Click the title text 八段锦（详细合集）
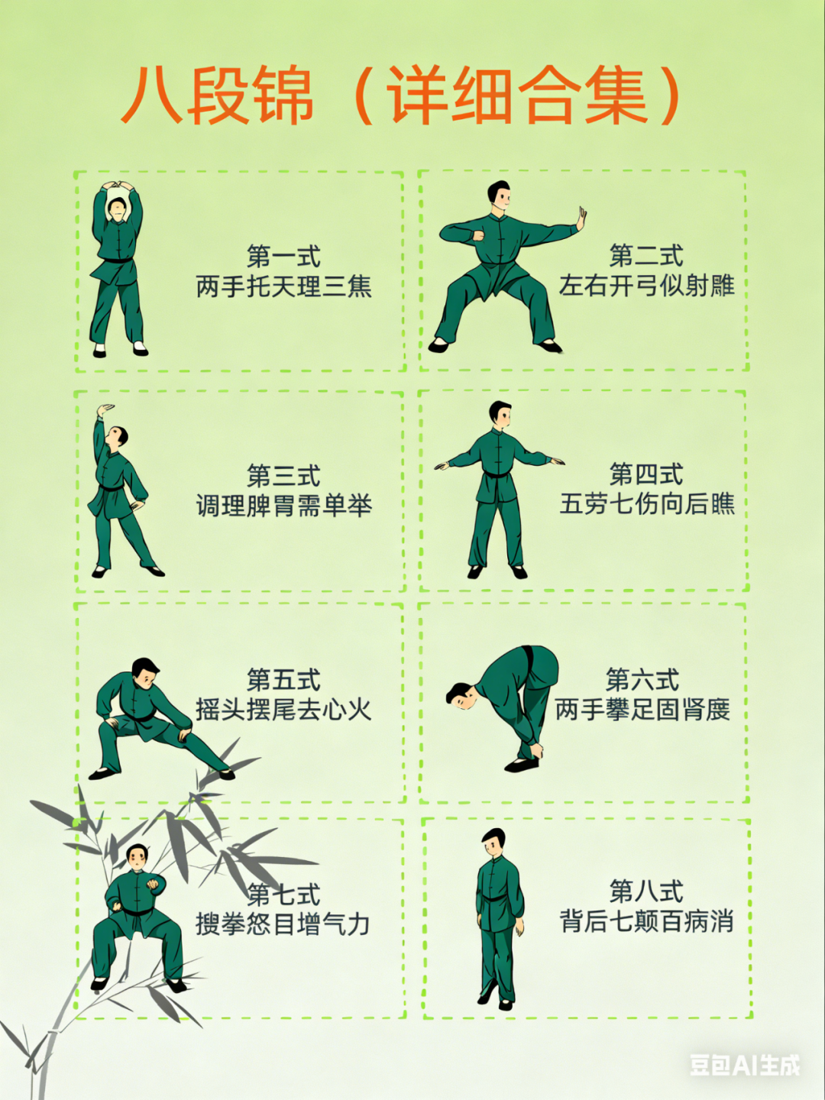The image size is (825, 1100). coord(401,97)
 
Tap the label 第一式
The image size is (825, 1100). coord(283,256)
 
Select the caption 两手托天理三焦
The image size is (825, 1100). coord(283,287)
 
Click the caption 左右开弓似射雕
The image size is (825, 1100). coord(647,286)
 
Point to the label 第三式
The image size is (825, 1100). coord(283,476)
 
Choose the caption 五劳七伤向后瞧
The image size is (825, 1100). coord(647,503)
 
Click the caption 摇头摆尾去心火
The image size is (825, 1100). coord(283,710)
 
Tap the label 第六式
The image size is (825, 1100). coord(642,680)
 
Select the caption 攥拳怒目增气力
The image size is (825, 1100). coord(283,924)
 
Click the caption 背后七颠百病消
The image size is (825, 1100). coord(647,921)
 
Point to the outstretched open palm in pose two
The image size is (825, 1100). coord(581,218)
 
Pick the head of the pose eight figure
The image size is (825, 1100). coord(493,843)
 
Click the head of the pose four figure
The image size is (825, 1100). coord(500,414)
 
